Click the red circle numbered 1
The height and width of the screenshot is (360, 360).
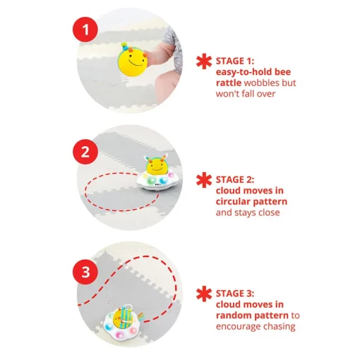click(85, 30)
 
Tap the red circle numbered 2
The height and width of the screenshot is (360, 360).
click(85, 152)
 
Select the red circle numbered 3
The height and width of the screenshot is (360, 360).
click(85, 272)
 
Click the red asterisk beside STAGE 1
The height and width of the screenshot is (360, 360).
click(204, 61)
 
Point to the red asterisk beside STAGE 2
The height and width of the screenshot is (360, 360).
click(204, 180)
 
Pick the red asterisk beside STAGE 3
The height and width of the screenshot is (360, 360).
click(204, 294)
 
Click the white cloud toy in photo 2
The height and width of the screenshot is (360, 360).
click(157, 181)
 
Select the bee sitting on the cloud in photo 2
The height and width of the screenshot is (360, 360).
click(156, 164)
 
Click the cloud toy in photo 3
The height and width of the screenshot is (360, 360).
click(121, 323)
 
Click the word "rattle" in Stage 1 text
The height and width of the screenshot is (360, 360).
click(229, 83)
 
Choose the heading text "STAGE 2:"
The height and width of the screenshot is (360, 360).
click(235, 180)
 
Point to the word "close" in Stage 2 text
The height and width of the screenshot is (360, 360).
click(269, 212)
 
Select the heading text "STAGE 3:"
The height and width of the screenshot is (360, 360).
click(235, 294)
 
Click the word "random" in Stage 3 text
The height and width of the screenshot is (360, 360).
click(232, 316)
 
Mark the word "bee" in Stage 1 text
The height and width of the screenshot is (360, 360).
click(283, 72)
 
